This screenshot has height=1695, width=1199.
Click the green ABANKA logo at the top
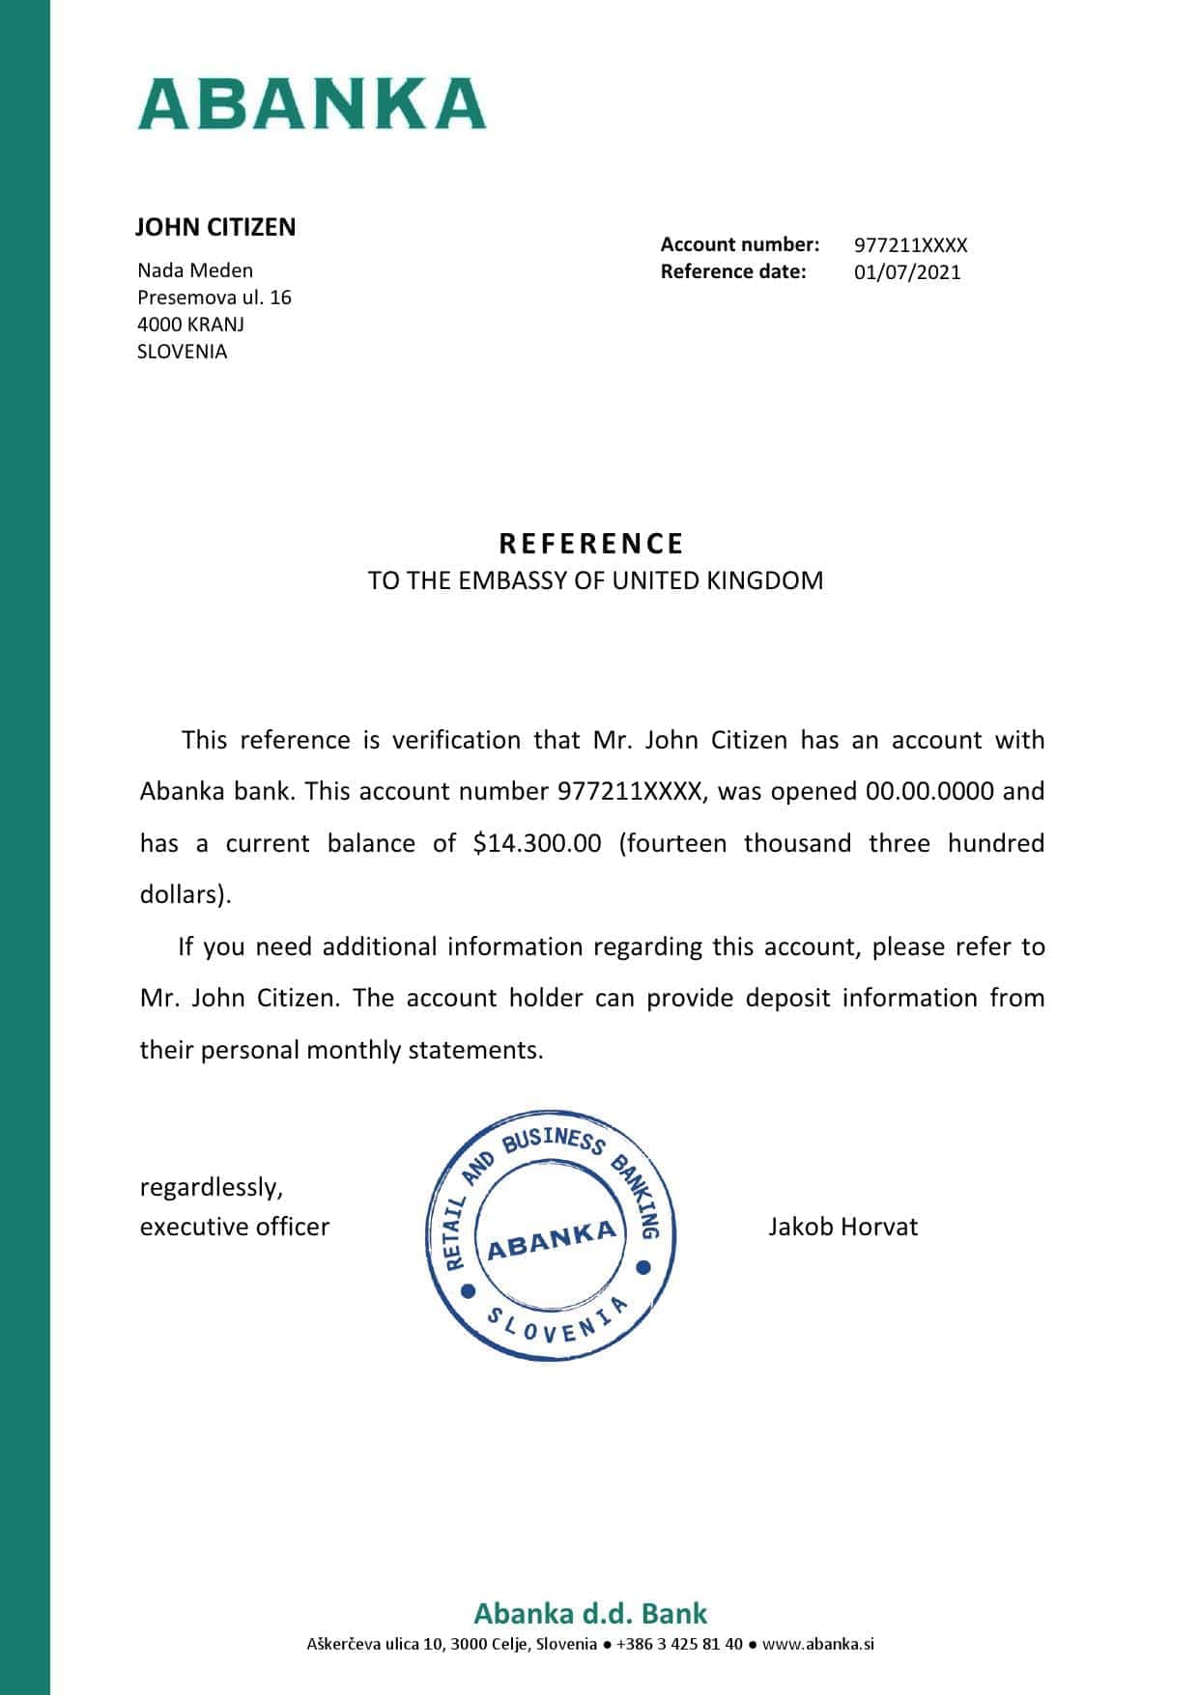coord(311,104)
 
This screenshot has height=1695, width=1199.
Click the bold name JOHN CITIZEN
coord(214,228)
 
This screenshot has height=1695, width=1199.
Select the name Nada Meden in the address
coord(195,270)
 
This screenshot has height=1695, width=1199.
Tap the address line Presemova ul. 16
coord(214,297)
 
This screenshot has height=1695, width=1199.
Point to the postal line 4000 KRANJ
coord(190,325)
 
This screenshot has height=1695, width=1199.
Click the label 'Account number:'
coord(739,244)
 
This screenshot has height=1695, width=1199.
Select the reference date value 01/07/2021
coord(907,272)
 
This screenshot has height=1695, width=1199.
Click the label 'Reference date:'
coord(732,271)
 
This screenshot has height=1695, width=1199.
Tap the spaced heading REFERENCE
coord(591,544)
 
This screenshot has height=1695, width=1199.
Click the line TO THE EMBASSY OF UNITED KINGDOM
coord(595,580)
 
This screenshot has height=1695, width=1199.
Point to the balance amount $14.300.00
coord(537,843)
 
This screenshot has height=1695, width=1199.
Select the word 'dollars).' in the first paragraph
coord(186,895)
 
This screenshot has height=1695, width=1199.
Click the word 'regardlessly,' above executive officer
coord(212,1187)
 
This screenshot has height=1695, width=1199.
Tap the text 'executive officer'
coord(235,1228)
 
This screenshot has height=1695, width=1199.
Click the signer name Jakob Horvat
coord(842,1228)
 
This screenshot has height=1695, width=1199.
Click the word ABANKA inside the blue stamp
coord(551,1239)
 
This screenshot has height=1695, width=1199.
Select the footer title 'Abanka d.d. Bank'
coord(590,1613)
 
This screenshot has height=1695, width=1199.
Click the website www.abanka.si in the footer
coord(817,1644)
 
